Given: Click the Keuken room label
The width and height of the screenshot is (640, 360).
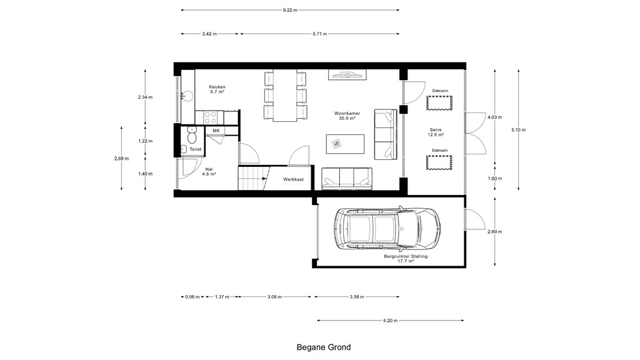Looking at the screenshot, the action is click(x=217, y=89).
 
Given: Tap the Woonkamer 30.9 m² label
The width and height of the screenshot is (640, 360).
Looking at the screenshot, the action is click(x=347, y=116).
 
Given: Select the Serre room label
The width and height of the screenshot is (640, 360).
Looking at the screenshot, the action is click(x=436, y=132).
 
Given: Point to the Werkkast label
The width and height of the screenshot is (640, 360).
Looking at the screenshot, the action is click(x=294, y=179).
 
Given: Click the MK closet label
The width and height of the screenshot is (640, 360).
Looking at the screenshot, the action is click(x=216, y=131).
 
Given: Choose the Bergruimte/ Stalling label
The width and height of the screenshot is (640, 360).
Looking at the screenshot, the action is click(x=406, y=258).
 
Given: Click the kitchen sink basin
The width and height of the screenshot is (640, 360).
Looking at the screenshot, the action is click(x=187, y=96).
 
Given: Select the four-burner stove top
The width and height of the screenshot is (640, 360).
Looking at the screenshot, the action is click(x=210, y=117).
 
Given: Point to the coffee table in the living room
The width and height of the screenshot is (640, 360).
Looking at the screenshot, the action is click(x=345, y=144).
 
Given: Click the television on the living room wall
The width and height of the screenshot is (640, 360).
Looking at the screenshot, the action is click(x=347, y=75).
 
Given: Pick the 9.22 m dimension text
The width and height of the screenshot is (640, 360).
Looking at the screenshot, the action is click(x=290, y=10).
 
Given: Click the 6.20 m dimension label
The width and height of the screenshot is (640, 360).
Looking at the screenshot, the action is click(x=390, y=321).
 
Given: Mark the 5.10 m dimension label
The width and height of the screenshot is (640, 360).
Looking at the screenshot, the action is click(x=518, y=130).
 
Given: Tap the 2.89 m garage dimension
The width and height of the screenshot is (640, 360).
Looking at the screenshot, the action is click(x=495, y=232).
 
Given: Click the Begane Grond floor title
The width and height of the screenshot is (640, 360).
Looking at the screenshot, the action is click(x=324, y=347).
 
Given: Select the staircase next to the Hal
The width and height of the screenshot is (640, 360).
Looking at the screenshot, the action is click(x=254, y=178).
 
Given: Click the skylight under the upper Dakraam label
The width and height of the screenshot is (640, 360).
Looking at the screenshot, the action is click(x=439, y=103).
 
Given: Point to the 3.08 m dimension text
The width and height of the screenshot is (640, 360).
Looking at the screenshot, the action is click(x=274, y=297).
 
